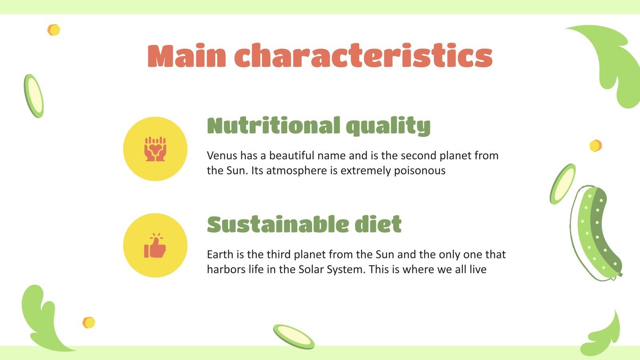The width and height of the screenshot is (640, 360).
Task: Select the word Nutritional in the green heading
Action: point(273,126)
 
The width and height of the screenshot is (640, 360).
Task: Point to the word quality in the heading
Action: point(388,126)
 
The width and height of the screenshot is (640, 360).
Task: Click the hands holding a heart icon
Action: point(155,149)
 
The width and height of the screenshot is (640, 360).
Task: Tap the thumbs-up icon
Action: point(155,246)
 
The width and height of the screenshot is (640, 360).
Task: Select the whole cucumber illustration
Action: point(596,234)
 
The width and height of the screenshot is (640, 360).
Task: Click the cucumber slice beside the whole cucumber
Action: point(562,184)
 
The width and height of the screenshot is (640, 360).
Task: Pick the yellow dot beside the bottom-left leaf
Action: point(89,322)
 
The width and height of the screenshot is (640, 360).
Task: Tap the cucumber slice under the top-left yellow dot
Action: point(34,96)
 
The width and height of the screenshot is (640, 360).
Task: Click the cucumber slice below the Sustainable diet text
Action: point(294,336)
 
